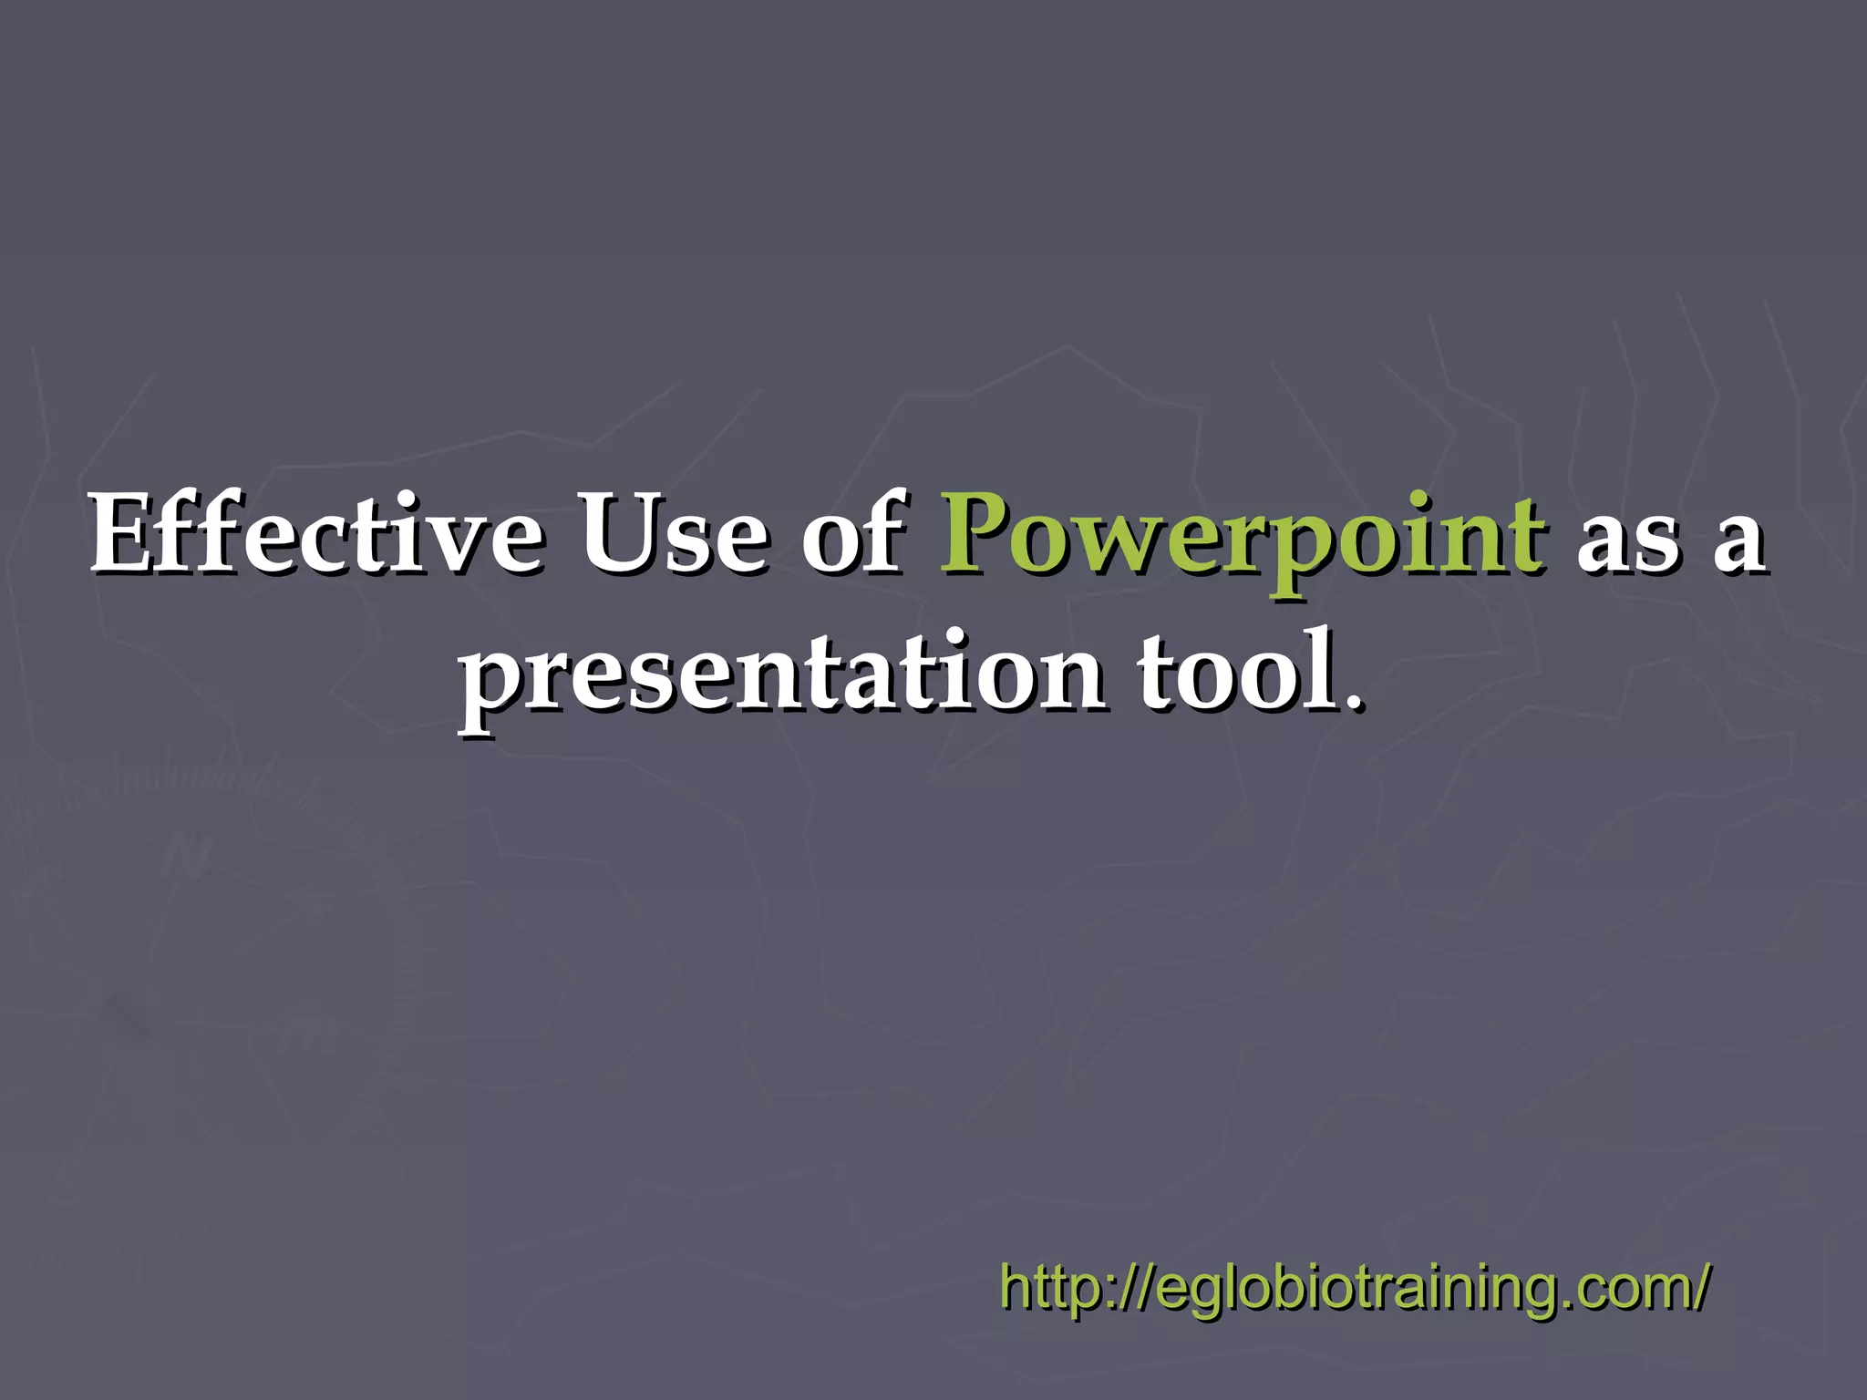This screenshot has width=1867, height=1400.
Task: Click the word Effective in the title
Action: point(315,536)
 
